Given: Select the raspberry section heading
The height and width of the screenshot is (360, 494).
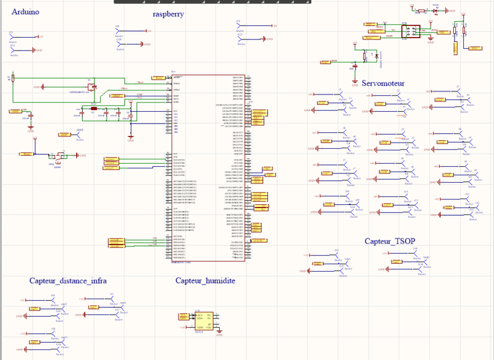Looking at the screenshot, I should (169, 14).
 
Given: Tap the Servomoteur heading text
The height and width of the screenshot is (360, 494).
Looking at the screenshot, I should (383, 83).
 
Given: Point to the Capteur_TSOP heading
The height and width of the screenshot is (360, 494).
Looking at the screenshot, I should (390, 241).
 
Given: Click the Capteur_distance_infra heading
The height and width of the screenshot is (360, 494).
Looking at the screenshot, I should (68, 281).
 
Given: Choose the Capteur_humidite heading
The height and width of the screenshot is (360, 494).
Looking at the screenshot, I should (205, 281).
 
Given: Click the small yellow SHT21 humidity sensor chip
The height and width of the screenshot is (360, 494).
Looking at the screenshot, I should (204, 319).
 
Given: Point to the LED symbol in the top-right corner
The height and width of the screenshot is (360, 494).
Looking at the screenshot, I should (436, 10).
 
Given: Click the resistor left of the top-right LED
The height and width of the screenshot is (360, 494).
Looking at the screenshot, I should (422, 10).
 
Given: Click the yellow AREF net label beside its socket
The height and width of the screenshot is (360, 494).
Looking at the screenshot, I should (64, 134).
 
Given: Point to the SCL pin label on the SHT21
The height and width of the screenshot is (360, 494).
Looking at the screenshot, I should (199, 315).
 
